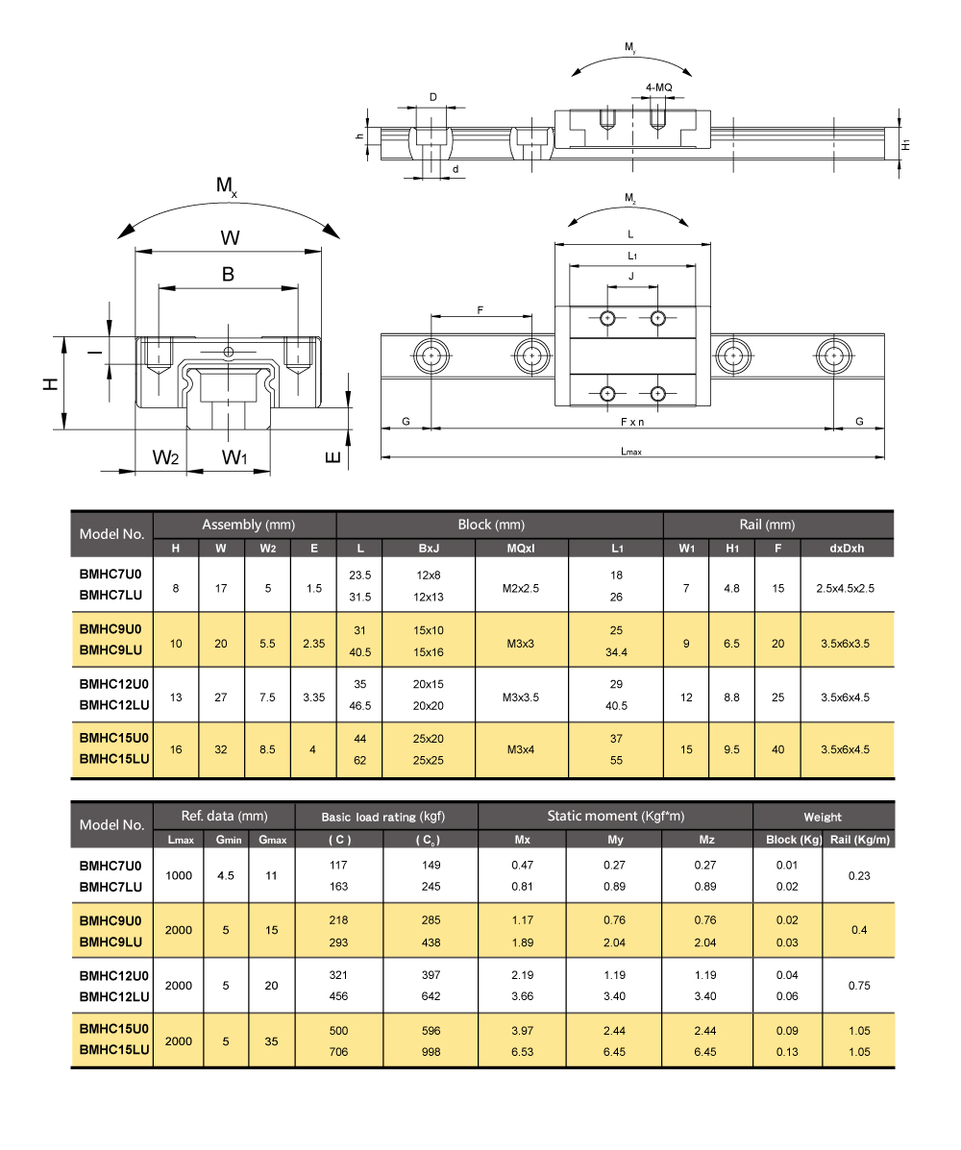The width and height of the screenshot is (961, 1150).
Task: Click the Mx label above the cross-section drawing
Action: coord(227,186)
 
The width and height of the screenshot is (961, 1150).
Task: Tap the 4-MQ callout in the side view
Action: coord(658,87)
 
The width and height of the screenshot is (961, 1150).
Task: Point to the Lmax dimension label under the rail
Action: coord(630,451)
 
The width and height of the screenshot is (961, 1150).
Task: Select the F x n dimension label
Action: coord(631,422)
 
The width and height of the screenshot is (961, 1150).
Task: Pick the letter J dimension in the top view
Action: coord(630,277)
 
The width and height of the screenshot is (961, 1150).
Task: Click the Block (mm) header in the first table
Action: coord(490,525)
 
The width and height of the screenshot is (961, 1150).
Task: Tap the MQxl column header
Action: coord(522,549)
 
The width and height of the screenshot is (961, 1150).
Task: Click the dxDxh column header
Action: coord(846,549)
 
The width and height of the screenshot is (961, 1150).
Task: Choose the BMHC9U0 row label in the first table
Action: coord(111,628)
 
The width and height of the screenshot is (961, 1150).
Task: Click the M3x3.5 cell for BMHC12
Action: coord(522,697)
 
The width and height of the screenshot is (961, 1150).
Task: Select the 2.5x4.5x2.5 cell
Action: coord(846,587)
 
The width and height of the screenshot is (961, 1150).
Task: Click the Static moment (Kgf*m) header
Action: coord(615,816)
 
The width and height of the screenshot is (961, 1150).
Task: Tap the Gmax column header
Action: coord(272,840)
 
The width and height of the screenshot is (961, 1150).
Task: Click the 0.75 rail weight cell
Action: coord(858,985)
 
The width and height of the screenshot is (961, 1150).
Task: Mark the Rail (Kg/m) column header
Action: coord(858,840)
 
